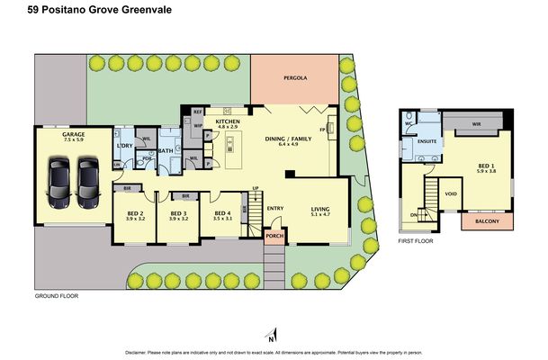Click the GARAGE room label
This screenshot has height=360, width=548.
[61, 133]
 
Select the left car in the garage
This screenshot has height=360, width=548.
[59, 179]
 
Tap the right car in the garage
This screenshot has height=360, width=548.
[87, 179]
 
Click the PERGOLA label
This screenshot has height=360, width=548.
[295, 78]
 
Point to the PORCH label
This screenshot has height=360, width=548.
[274, 238]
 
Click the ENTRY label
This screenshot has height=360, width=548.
[275, 208]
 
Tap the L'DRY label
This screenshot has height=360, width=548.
[125, 146]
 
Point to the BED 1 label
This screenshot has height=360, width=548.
[484, 169]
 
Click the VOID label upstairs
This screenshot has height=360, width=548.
[452, 193]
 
